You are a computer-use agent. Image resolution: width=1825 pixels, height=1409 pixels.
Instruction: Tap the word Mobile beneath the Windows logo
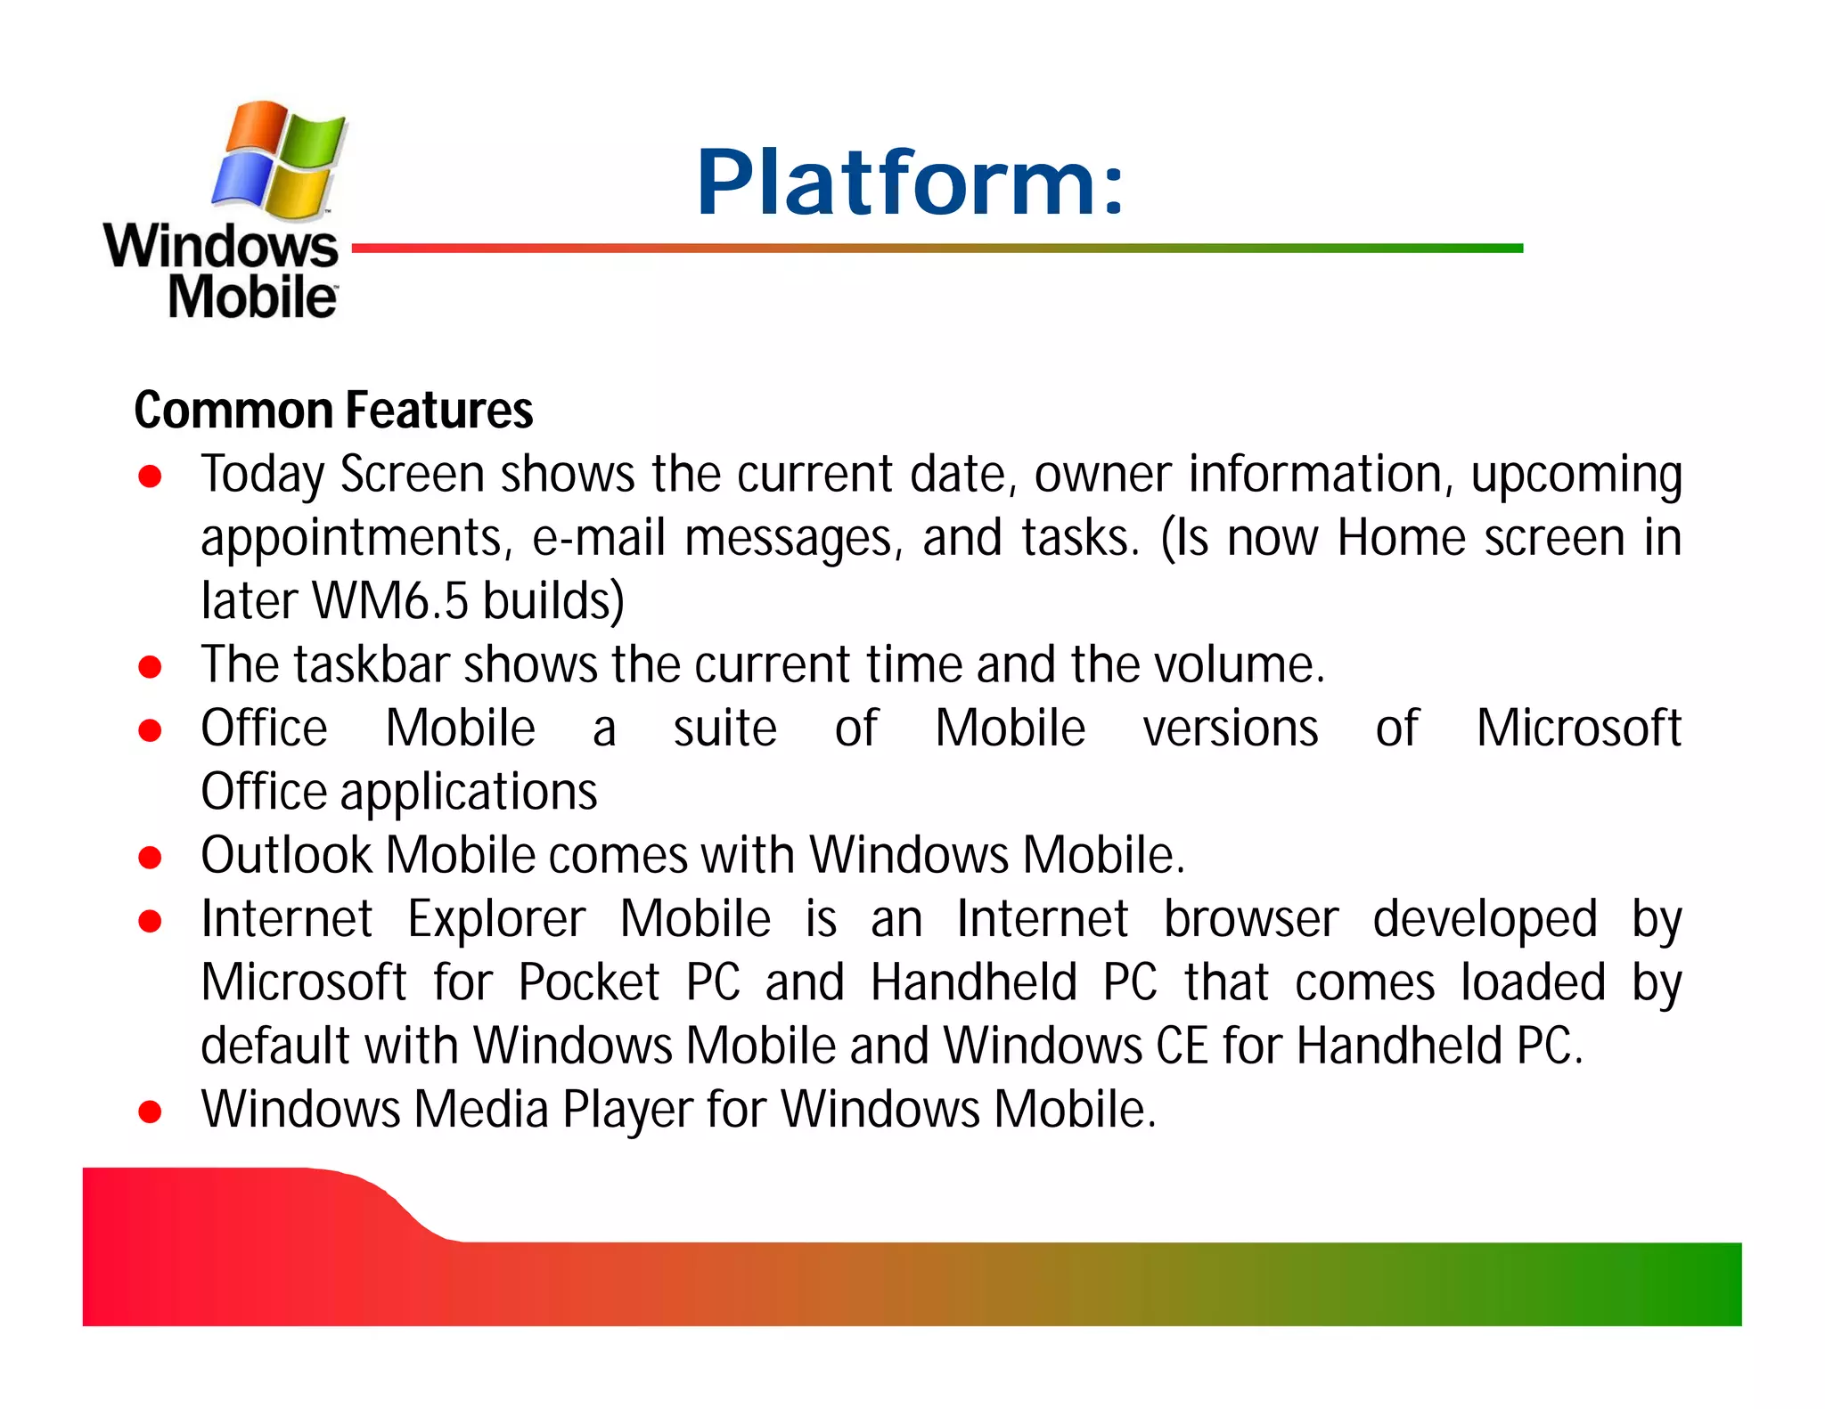252,297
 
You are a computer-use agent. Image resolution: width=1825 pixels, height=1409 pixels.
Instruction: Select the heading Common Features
333,410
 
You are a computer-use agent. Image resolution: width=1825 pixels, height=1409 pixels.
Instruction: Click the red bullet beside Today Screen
150,476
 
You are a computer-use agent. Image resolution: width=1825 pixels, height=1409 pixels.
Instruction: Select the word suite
724,729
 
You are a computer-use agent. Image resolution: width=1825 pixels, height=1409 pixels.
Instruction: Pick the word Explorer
496,919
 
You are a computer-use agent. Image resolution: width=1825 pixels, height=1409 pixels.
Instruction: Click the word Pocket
588,982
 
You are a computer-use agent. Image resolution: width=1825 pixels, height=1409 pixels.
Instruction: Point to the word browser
1251,919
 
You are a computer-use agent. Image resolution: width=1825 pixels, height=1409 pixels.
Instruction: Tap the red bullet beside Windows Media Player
150,1112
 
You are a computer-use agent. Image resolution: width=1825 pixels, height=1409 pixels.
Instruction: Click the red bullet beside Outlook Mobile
150,858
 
